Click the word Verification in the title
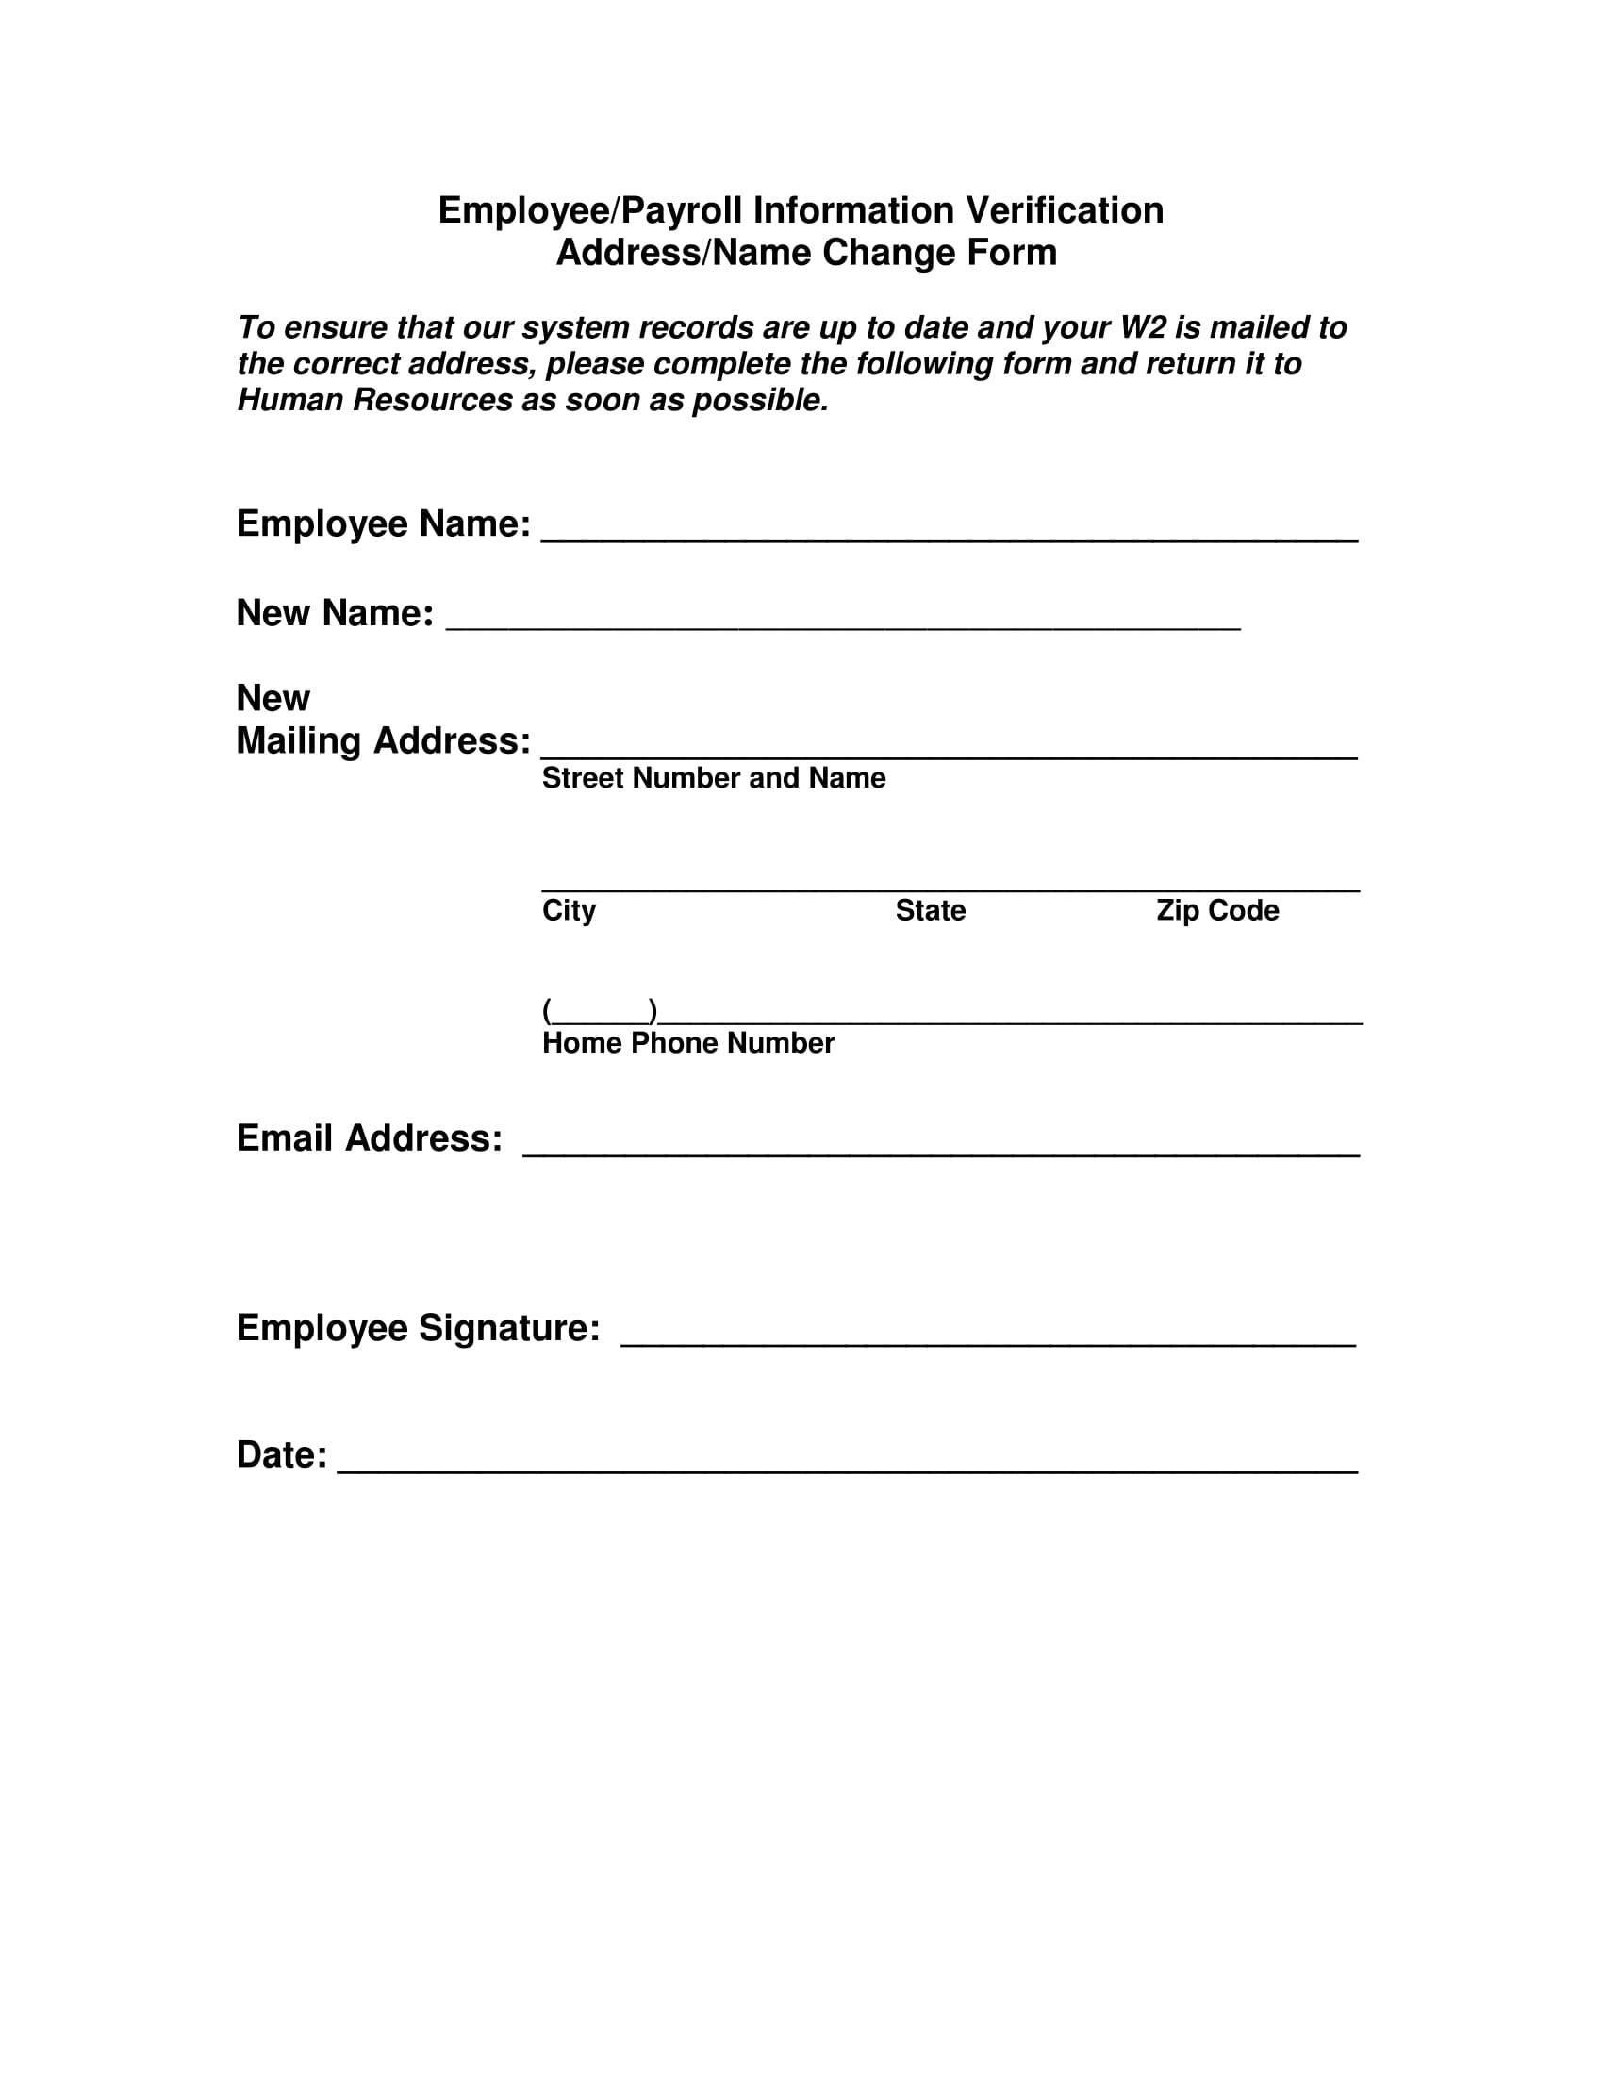(1065, 210)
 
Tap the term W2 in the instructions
(1143, 328)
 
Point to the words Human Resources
(374, 401)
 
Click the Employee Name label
(383, 523)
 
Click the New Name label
(335, 613)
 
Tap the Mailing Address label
(383, 740)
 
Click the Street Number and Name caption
(713, 778)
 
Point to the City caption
(569, 910)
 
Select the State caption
(930, 910)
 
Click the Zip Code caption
(1216, 910)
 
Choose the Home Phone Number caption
(687, 1043)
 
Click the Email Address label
(369, 1138)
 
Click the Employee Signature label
(418, 1327)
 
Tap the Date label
(281, 1454)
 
